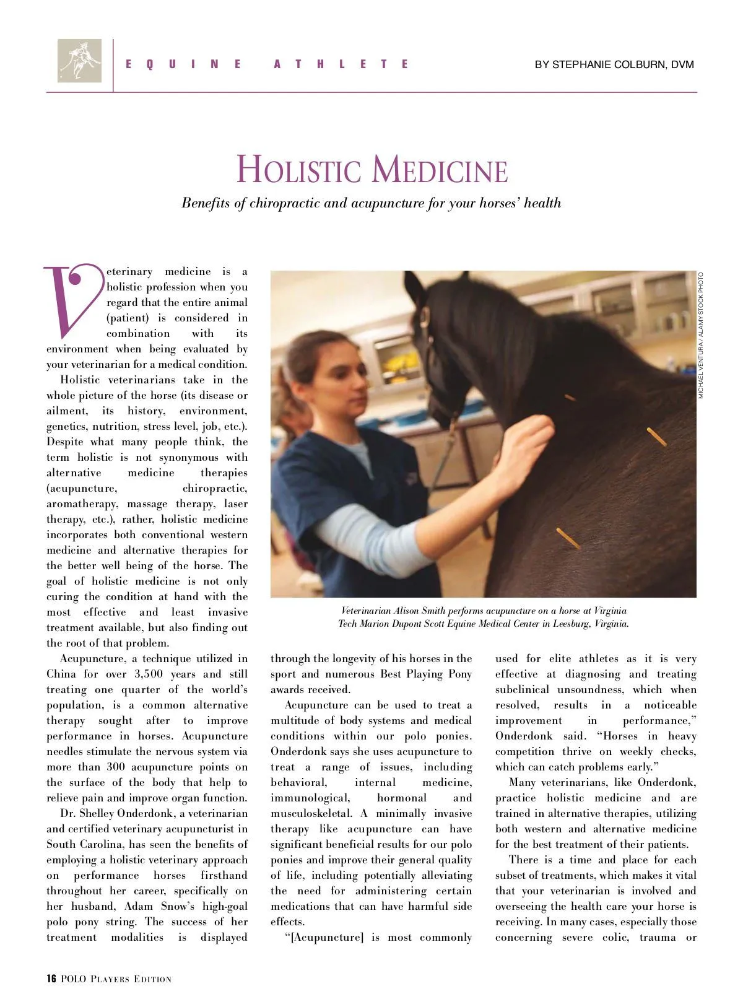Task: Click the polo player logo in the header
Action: coord(79,61)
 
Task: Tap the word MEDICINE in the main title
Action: coord(441,170)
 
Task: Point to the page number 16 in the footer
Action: coord(51,979)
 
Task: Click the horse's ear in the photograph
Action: coord(414,290)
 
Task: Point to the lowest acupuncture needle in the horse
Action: coord(568,538)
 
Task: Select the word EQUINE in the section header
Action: coord(183,64)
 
